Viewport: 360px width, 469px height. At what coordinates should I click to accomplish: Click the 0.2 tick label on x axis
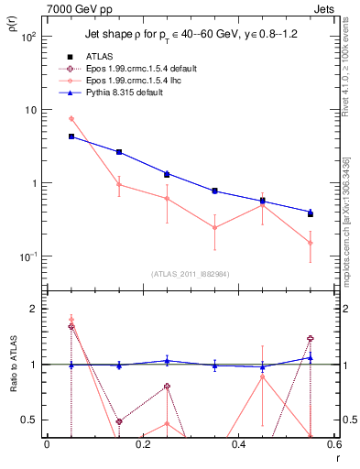pos(142,446)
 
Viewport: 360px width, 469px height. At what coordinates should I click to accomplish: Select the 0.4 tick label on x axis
pos(238,446)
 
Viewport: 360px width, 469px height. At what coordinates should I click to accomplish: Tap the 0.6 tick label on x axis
pos(333,446)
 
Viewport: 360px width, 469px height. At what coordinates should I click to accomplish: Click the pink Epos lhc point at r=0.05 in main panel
pos(71,119)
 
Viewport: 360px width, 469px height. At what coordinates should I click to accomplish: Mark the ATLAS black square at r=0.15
pos(119,152)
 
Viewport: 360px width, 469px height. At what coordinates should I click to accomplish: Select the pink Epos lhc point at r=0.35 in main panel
pos(214,227)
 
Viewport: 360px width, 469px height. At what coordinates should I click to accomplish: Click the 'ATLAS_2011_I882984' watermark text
pos(191,274)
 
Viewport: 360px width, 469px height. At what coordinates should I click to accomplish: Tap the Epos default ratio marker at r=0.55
pos(311,339)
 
